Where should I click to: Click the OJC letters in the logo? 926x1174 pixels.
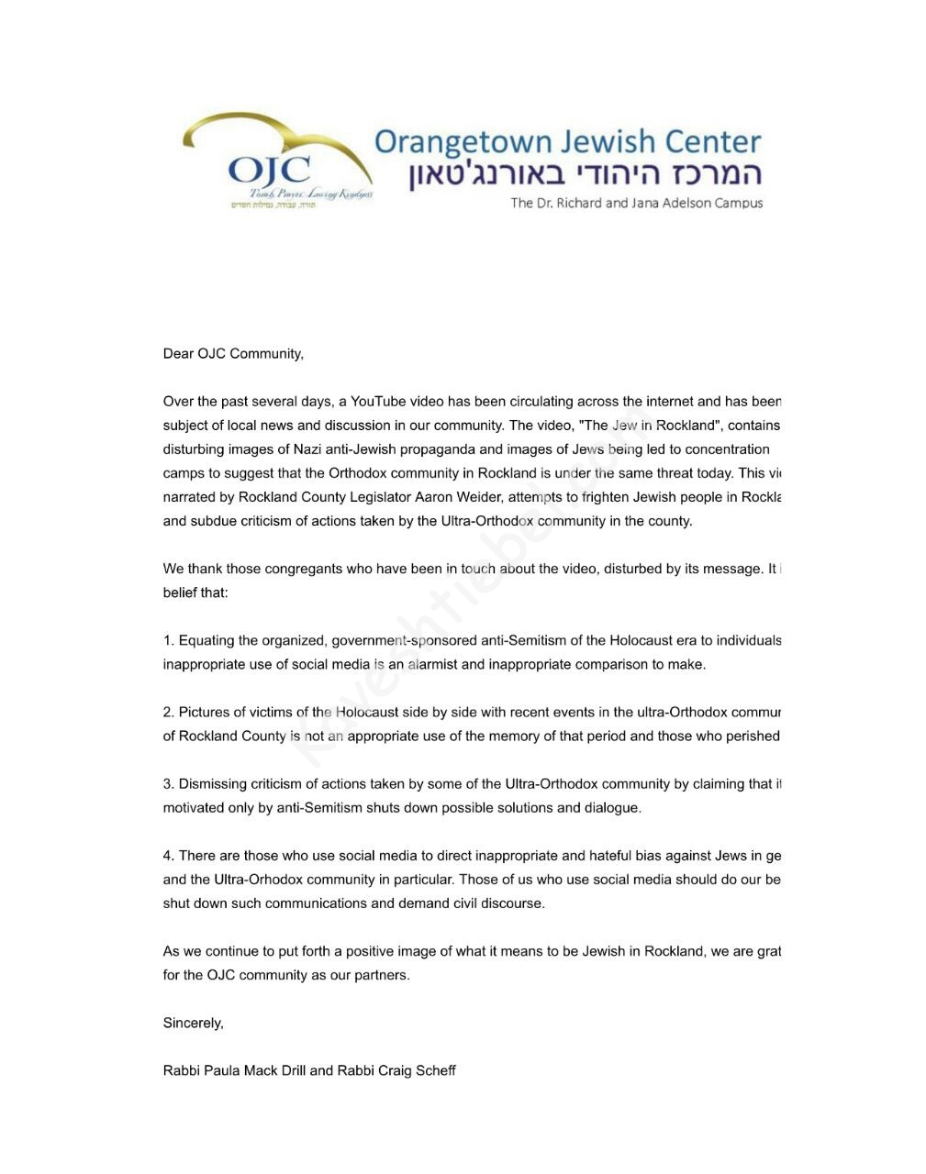[x=269, y=171]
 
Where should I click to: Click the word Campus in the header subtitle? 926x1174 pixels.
[x=739, y=203]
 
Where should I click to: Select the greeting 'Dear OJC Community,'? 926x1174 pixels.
[x=233, y=354]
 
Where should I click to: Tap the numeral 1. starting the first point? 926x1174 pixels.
[x=169, y=641]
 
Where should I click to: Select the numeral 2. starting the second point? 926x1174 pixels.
[x=169, y=713]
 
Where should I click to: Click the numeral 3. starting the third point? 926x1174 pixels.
[x=169, y=784]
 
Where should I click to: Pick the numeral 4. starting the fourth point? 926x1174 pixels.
[x=169, y=856]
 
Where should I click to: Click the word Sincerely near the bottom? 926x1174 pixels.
[x=193, y=1023]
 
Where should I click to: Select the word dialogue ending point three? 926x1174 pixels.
[x=608, y=808]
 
